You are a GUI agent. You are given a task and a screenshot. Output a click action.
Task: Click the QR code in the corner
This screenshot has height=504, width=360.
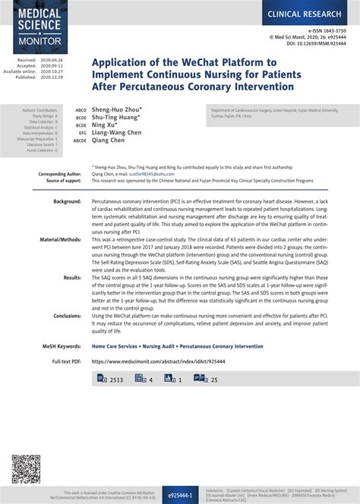click(x=26, y=469)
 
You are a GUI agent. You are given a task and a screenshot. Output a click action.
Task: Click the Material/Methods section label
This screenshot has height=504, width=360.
click(x=60, y=238)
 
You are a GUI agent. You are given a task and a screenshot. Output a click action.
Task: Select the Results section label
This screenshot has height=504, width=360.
click(x=72, y=278)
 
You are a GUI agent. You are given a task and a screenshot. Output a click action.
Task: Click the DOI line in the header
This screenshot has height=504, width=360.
click(x=318, y=44)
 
